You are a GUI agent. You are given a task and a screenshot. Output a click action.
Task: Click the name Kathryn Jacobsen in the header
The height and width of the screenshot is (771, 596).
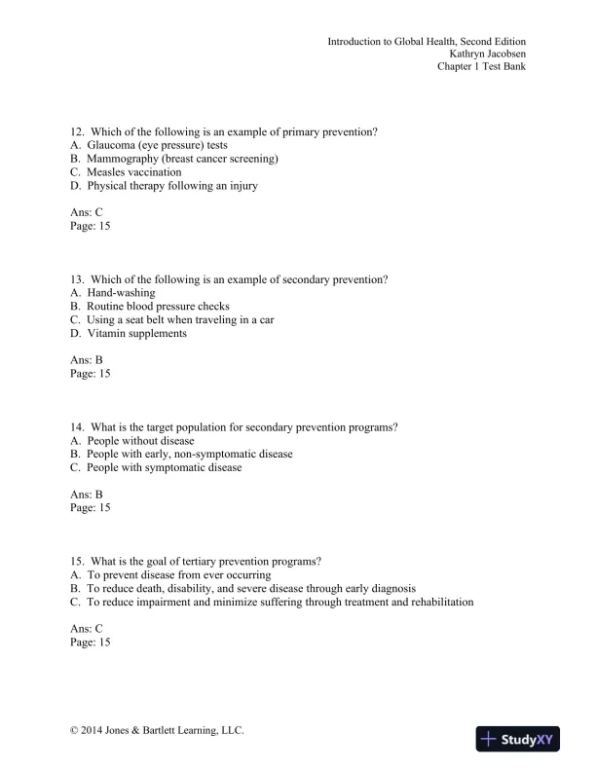click(480, 55)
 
